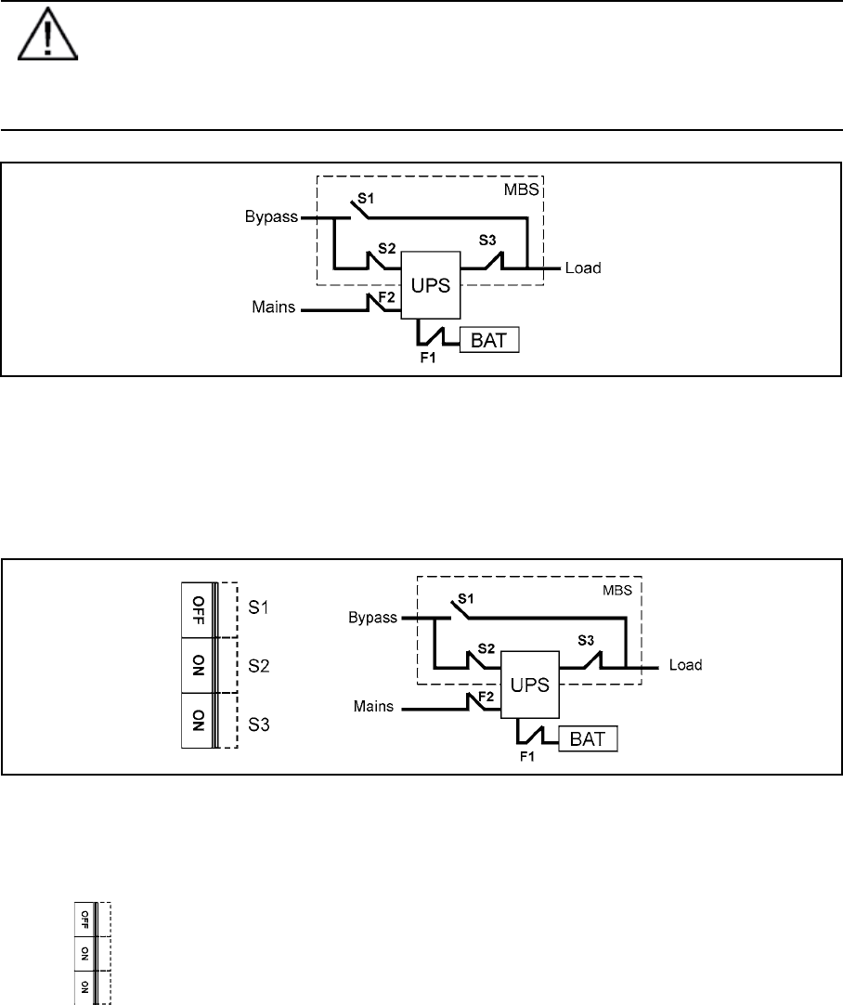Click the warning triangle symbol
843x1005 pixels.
tap(45, 40)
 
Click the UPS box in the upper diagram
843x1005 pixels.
tap(431, 285)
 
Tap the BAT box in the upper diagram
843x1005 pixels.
tap(489, 341)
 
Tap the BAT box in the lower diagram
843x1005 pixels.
tap(589, 740)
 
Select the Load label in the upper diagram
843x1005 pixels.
tap(583, 269)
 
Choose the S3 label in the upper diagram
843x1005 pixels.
tap(488, 240)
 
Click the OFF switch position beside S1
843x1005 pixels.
tap(197, 609)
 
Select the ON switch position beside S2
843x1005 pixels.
tap(197, 665)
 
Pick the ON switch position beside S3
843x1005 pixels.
tap(197, 721)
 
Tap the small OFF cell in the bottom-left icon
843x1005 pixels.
tap(84, 919)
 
